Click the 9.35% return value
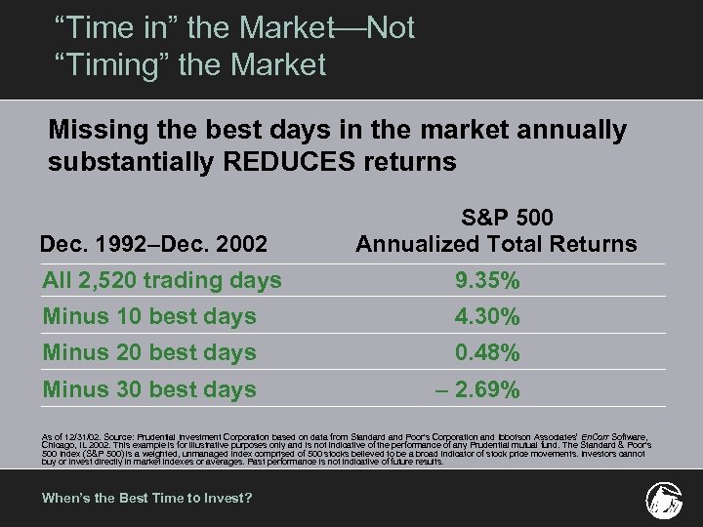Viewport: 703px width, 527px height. (487, 281)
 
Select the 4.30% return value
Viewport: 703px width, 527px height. (487, 317)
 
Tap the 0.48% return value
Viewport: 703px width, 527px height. (487, 353)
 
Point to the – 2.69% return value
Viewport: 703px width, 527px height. (477, 390)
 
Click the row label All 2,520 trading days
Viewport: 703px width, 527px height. (162, 281)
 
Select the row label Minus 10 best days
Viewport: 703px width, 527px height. (149, 317)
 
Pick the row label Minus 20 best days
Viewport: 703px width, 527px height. (149, 353)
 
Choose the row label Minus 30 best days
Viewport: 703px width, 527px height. (149, 389)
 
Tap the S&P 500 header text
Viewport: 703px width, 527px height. (498, 217)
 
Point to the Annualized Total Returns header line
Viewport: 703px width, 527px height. (496, 244)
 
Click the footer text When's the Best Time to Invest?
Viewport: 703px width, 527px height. (146, 498)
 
